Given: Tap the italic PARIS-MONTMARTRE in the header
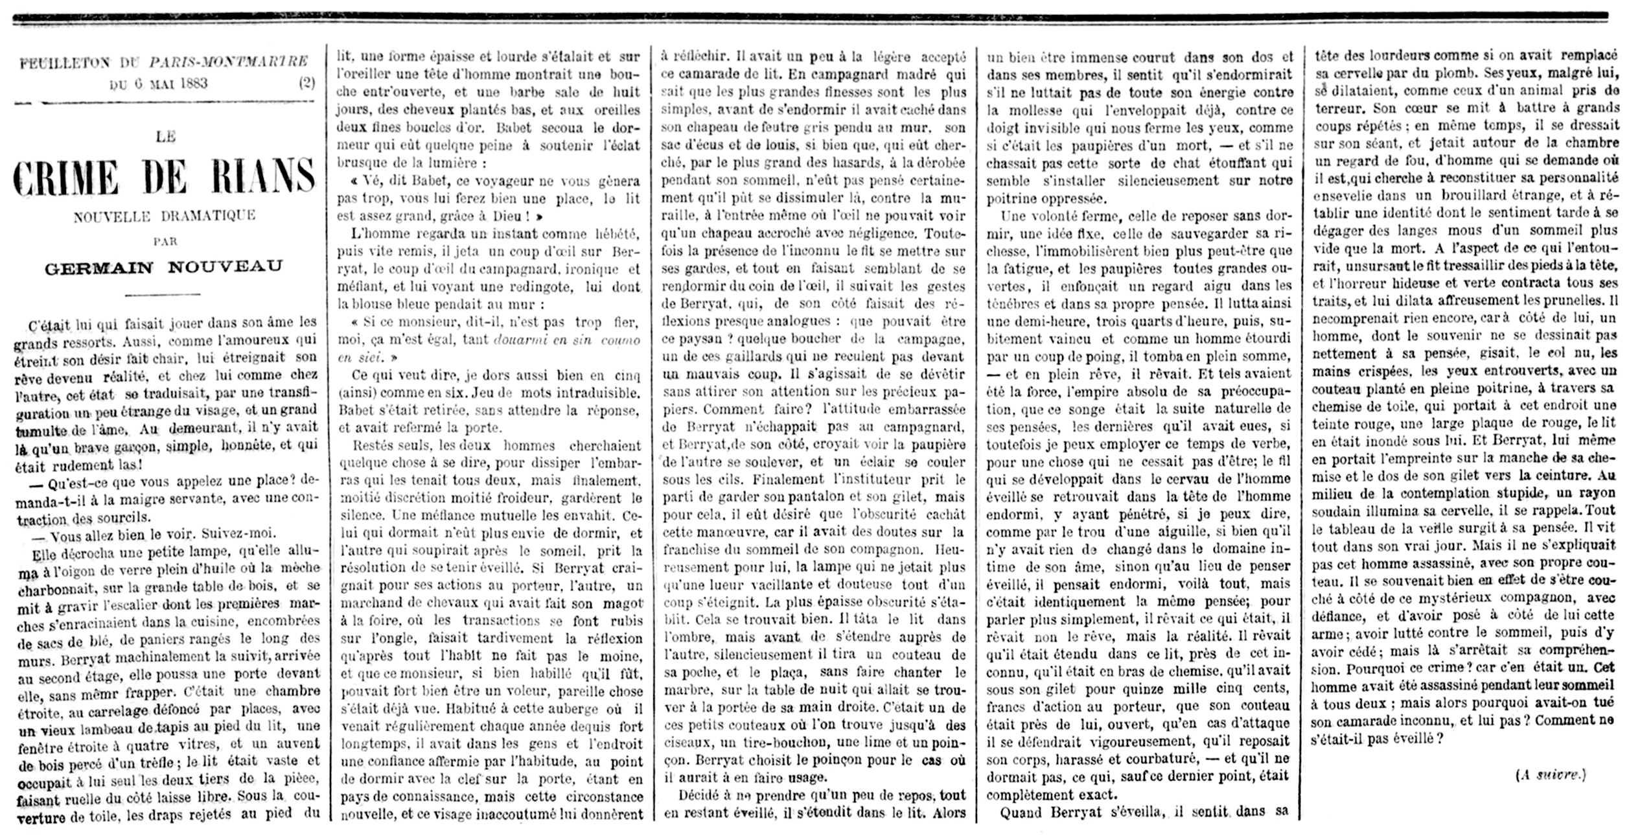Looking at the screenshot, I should (228, 62).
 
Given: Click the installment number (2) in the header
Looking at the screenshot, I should (307, 84).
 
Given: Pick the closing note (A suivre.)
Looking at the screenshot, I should (1551, 775).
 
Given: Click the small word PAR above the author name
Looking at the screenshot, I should (165, 240).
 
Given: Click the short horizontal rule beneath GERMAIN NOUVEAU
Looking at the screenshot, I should (162, 295).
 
